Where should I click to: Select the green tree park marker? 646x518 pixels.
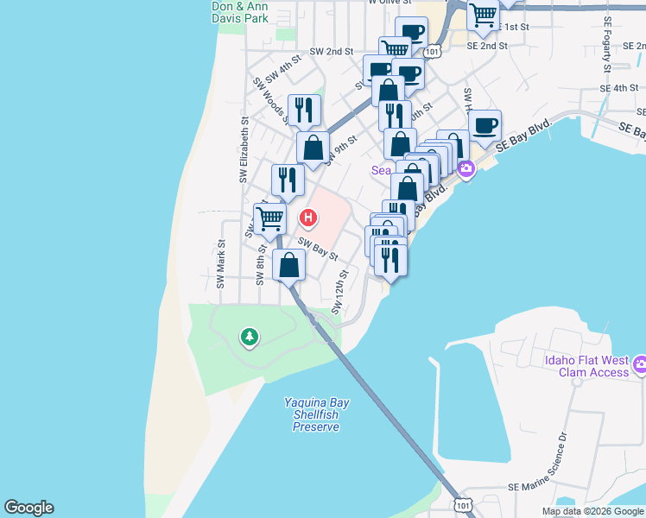(x=250, y=336)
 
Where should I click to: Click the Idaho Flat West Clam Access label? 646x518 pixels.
(x=586, y=366)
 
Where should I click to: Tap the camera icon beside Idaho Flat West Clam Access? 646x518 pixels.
(x=640, y=365)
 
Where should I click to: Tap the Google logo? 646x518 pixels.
(x=28, y=508)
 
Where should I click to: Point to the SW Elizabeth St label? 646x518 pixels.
(x=244, y=150)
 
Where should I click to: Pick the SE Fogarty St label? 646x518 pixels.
(x=608, y=43)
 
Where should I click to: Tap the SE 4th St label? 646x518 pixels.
(x=620, y=88)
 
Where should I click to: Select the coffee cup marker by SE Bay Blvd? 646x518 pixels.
(x=484, y=126)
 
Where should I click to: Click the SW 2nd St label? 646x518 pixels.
(x=332, y=52)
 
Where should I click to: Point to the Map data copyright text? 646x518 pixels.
(x=592, y=511)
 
